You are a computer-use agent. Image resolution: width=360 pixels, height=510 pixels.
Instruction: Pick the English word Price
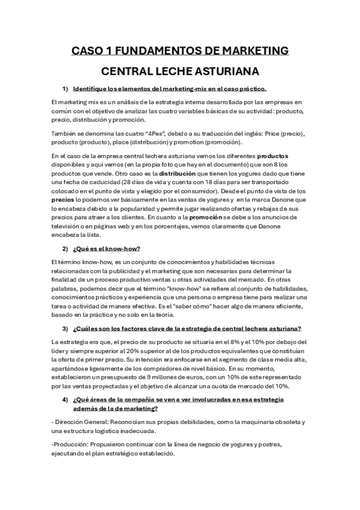[280, 132]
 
